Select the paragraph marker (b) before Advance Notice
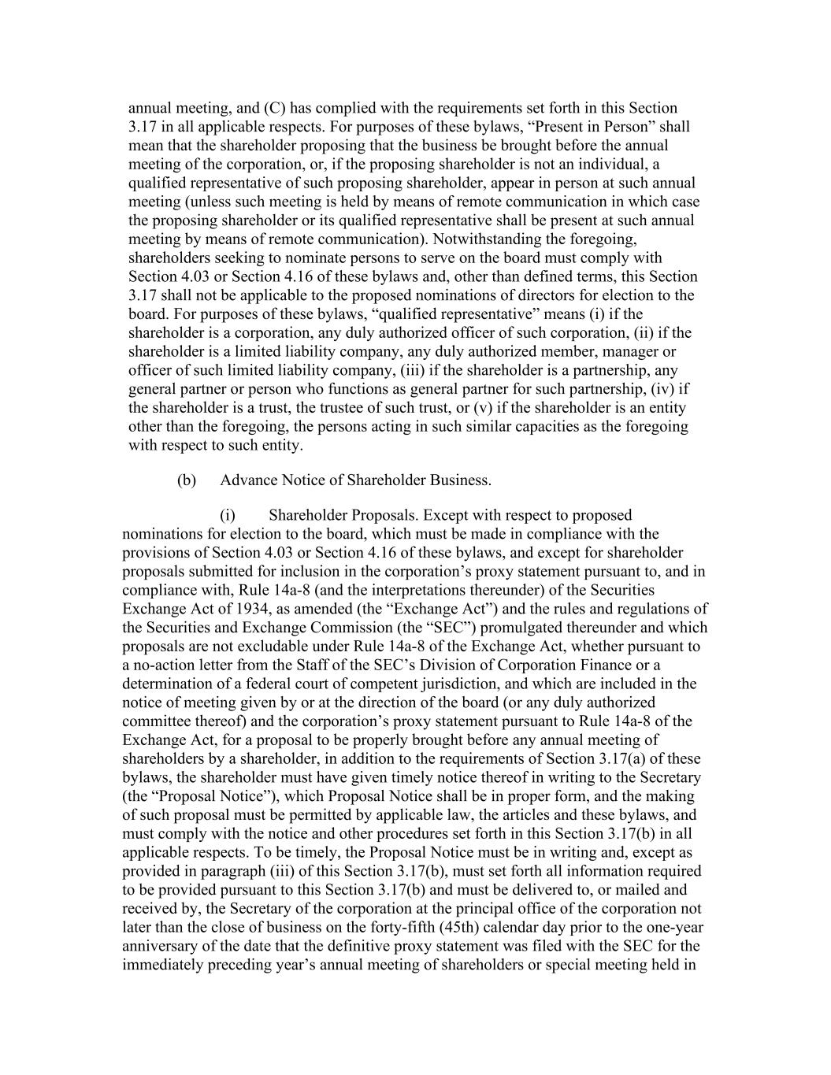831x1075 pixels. [x=186, y=480]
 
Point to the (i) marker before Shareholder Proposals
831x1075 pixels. [x=228, y=515]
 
